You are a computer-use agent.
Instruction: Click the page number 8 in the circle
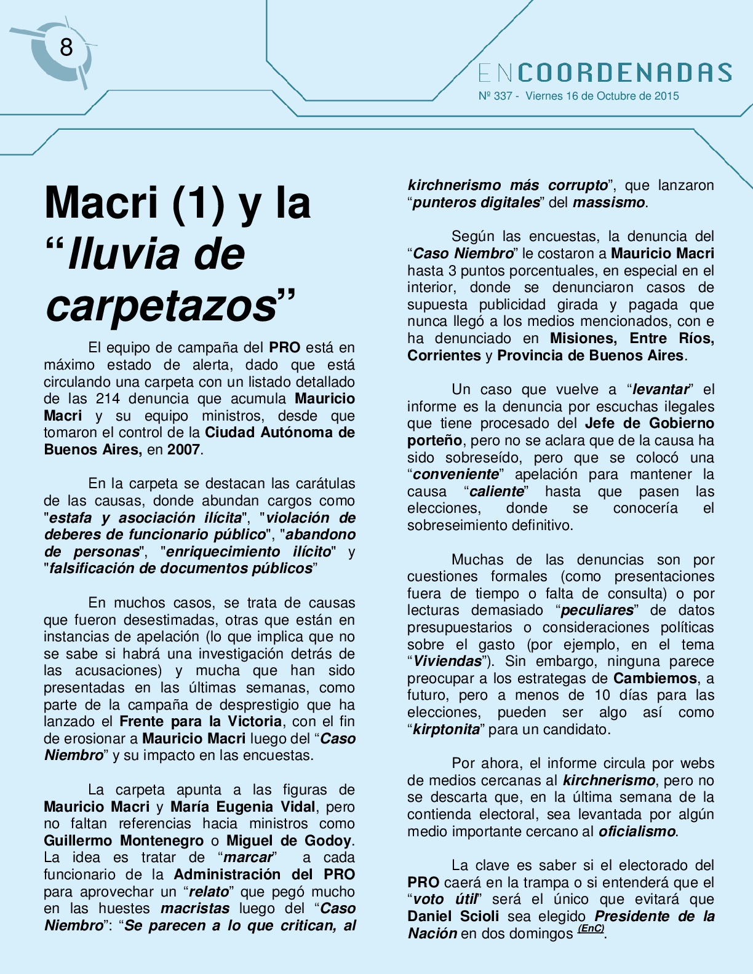click(66, 47)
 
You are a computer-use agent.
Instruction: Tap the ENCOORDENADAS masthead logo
click(605, 73)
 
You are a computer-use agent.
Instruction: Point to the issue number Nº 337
click(495, 96)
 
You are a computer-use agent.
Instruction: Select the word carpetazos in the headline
click(162, 305)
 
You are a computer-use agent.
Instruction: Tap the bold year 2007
click(183, 449)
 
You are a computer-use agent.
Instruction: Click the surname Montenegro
click(162, 841)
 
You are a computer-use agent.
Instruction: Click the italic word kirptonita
click(446, 730)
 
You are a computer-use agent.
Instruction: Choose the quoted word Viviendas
click(447, 662)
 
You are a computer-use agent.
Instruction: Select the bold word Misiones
click(583, 338)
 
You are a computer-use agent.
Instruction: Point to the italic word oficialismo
click(637, 832)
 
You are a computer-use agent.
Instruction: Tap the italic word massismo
click(608, 203)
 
